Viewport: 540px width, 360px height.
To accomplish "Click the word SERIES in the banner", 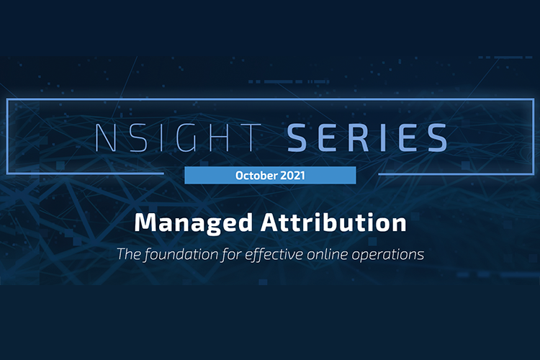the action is pos(367,138).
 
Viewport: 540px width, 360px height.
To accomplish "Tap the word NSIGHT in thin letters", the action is pos(178,138).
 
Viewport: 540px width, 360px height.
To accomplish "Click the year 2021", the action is pos(292,176).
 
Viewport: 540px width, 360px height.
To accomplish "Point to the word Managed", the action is pos(194,224).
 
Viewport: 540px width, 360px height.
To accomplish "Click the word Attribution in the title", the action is pos(333,222).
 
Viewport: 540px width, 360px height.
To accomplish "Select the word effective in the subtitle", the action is pos(274,255).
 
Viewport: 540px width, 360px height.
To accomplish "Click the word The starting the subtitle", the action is pos(129,254).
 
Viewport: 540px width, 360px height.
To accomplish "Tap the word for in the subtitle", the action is pos(231,255).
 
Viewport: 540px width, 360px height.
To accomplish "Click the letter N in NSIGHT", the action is pos(105,138).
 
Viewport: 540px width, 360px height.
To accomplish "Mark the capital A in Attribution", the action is pos(271,222).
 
